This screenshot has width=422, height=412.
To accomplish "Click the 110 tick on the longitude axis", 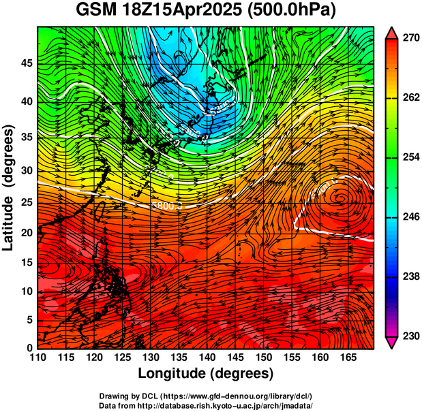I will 37,358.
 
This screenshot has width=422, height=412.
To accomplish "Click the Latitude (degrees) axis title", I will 10,188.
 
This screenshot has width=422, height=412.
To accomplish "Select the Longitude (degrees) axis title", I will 206,373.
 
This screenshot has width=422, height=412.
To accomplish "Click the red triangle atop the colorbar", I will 391,32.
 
